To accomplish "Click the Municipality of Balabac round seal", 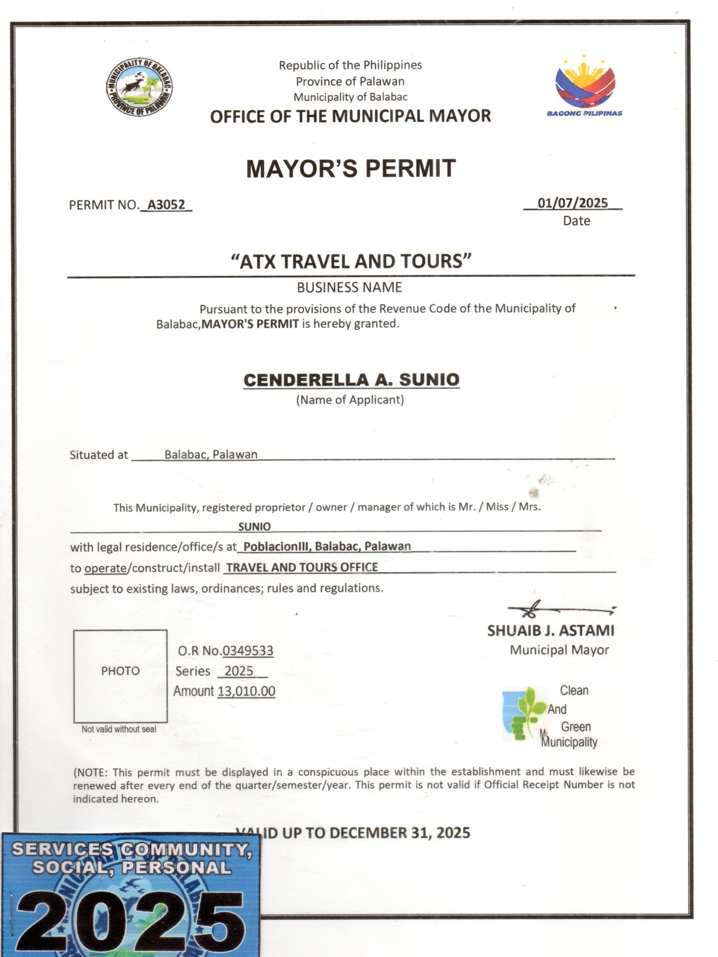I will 138,87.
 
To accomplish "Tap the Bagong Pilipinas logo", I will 584,87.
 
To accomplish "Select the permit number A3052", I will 166,205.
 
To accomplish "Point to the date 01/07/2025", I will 572,203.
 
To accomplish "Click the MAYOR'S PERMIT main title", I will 350,168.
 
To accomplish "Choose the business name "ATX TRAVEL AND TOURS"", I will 351,261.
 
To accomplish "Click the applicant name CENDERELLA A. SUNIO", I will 351,379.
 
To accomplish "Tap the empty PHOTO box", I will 120,676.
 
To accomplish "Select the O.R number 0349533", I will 248,650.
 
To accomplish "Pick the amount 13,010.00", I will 246,691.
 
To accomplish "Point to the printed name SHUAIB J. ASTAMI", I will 550,630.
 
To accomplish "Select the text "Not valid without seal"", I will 119,729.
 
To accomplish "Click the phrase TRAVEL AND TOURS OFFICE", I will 302,567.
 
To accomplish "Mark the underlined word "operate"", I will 105,568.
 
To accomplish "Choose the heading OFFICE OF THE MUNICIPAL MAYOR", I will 350,116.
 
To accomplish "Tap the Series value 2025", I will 239,671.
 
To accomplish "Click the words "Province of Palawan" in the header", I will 350,81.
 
